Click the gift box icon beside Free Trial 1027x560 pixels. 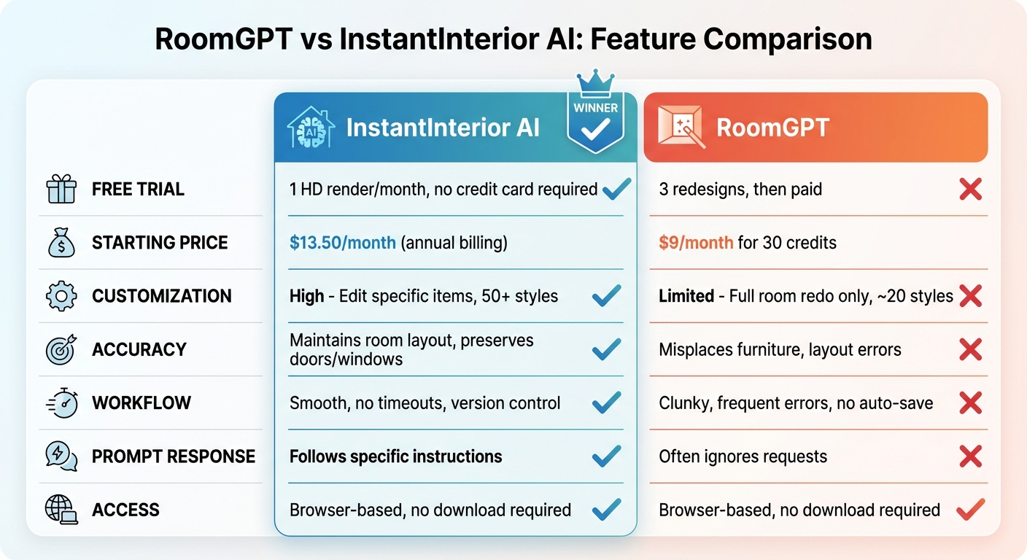coord(61,190)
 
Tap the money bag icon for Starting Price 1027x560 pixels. coord(61,243)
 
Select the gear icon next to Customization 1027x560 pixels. coord(61,296)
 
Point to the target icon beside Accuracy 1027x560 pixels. coord(61,350)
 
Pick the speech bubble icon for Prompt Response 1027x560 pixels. coord(61,456)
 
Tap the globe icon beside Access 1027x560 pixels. coord(61,510)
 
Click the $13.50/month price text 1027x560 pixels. coord(343,243)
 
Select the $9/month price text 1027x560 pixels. coord(695,243)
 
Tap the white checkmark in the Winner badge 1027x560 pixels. coord(595,130)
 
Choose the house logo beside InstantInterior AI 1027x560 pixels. coord(311,128)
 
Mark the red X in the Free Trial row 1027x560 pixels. coord(970,190)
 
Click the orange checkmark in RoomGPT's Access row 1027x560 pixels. coord(970,510)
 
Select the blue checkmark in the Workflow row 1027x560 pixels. coord(606,403)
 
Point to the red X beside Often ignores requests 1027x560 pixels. coord(970,456)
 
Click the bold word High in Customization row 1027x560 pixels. coord(306,296)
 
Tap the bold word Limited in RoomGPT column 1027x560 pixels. coord(686,296)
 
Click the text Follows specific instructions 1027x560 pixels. coord(395,456)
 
